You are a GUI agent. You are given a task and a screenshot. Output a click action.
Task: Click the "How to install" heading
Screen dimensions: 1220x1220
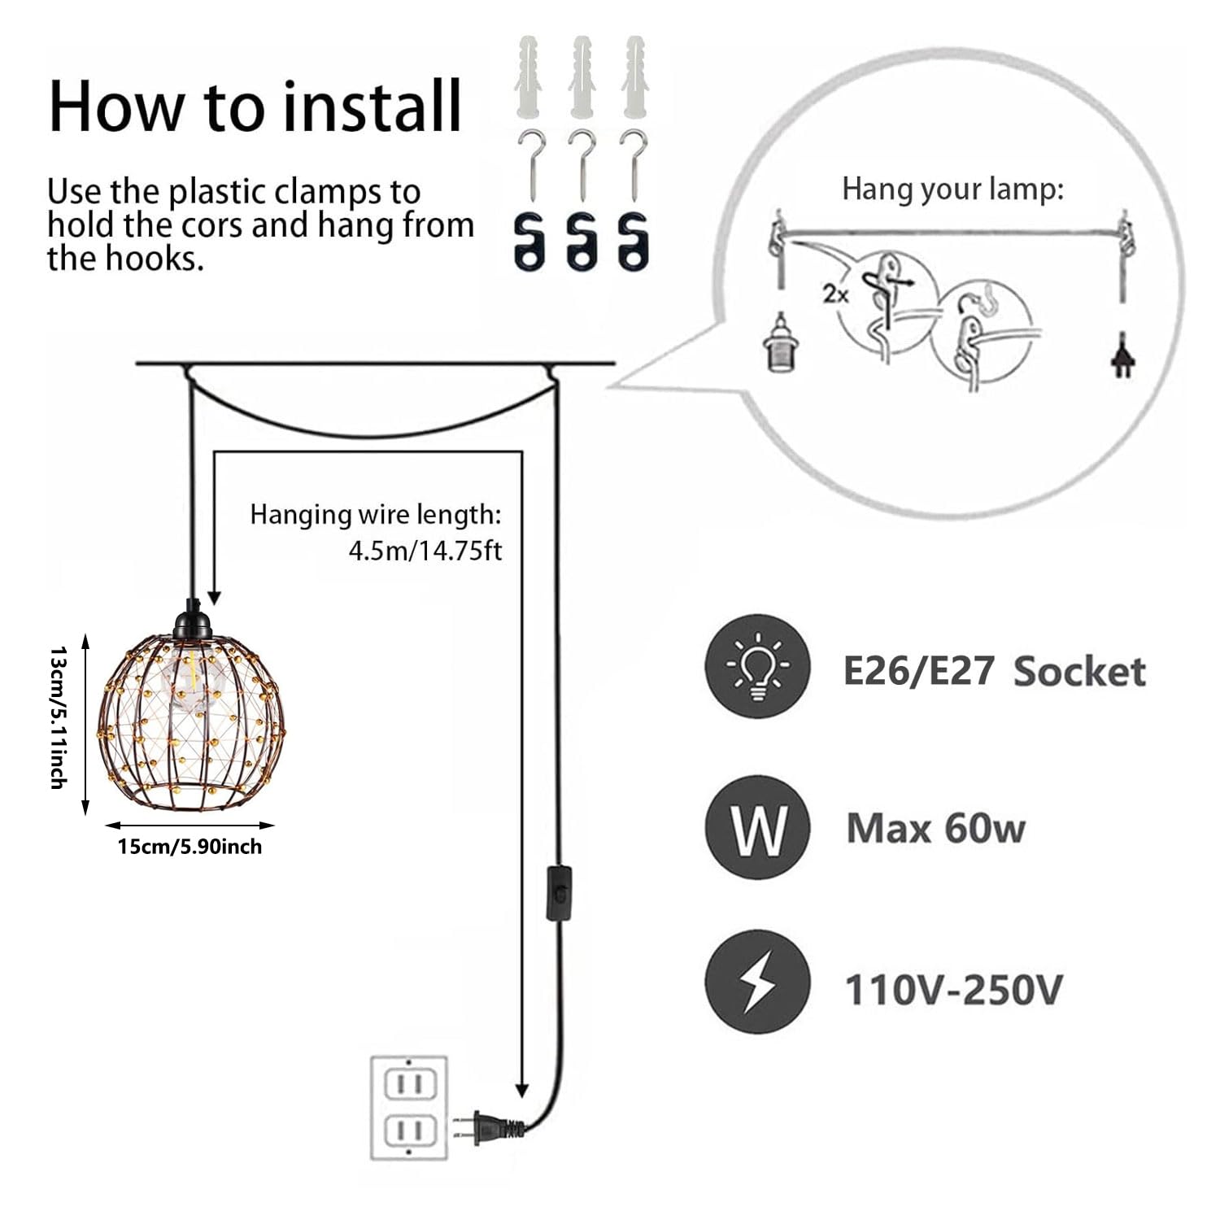(255, 106)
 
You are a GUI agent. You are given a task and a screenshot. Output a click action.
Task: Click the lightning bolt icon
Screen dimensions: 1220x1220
(757, 986)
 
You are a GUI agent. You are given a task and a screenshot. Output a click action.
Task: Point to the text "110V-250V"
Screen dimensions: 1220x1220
(953, 991)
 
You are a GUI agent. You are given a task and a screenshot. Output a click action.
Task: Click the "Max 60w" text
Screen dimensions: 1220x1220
(935, 829)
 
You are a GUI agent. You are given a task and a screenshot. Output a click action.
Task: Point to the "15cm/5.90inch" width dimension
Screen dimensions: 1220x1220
(190, 847)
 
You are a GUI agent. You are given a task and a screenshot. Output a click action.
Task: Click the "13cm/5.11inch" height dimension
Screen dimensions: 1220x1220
(58, 717)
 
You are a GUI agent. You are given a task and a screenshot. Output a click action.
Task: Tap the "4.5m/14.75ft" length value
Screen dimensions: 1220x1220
(425, 551)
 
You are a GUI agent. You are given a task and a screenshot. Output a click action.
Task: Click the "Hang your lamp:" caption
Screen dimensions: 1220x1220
(952, 190)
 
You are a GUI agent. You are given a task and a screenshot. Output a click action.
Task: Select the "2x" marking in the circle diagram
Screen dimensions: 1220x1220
(835, 294)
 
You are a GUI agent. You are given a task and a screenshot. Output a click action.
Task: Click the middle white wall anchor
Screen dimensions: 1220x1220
(582, 76)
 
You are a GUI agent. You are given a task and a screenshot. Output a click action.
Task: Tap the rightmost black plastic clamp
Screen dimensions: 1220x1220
(633, 242)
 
